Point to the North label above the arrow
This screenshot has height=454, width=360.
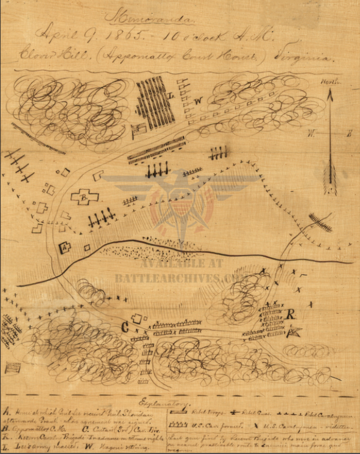(329, 82)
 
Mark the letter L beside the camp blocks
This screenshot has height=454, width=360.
(172, 95)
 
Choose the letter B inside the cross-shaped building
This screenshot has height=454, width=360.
(85, 196)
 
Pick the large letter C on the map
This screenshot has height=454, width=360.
(125, 327)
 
